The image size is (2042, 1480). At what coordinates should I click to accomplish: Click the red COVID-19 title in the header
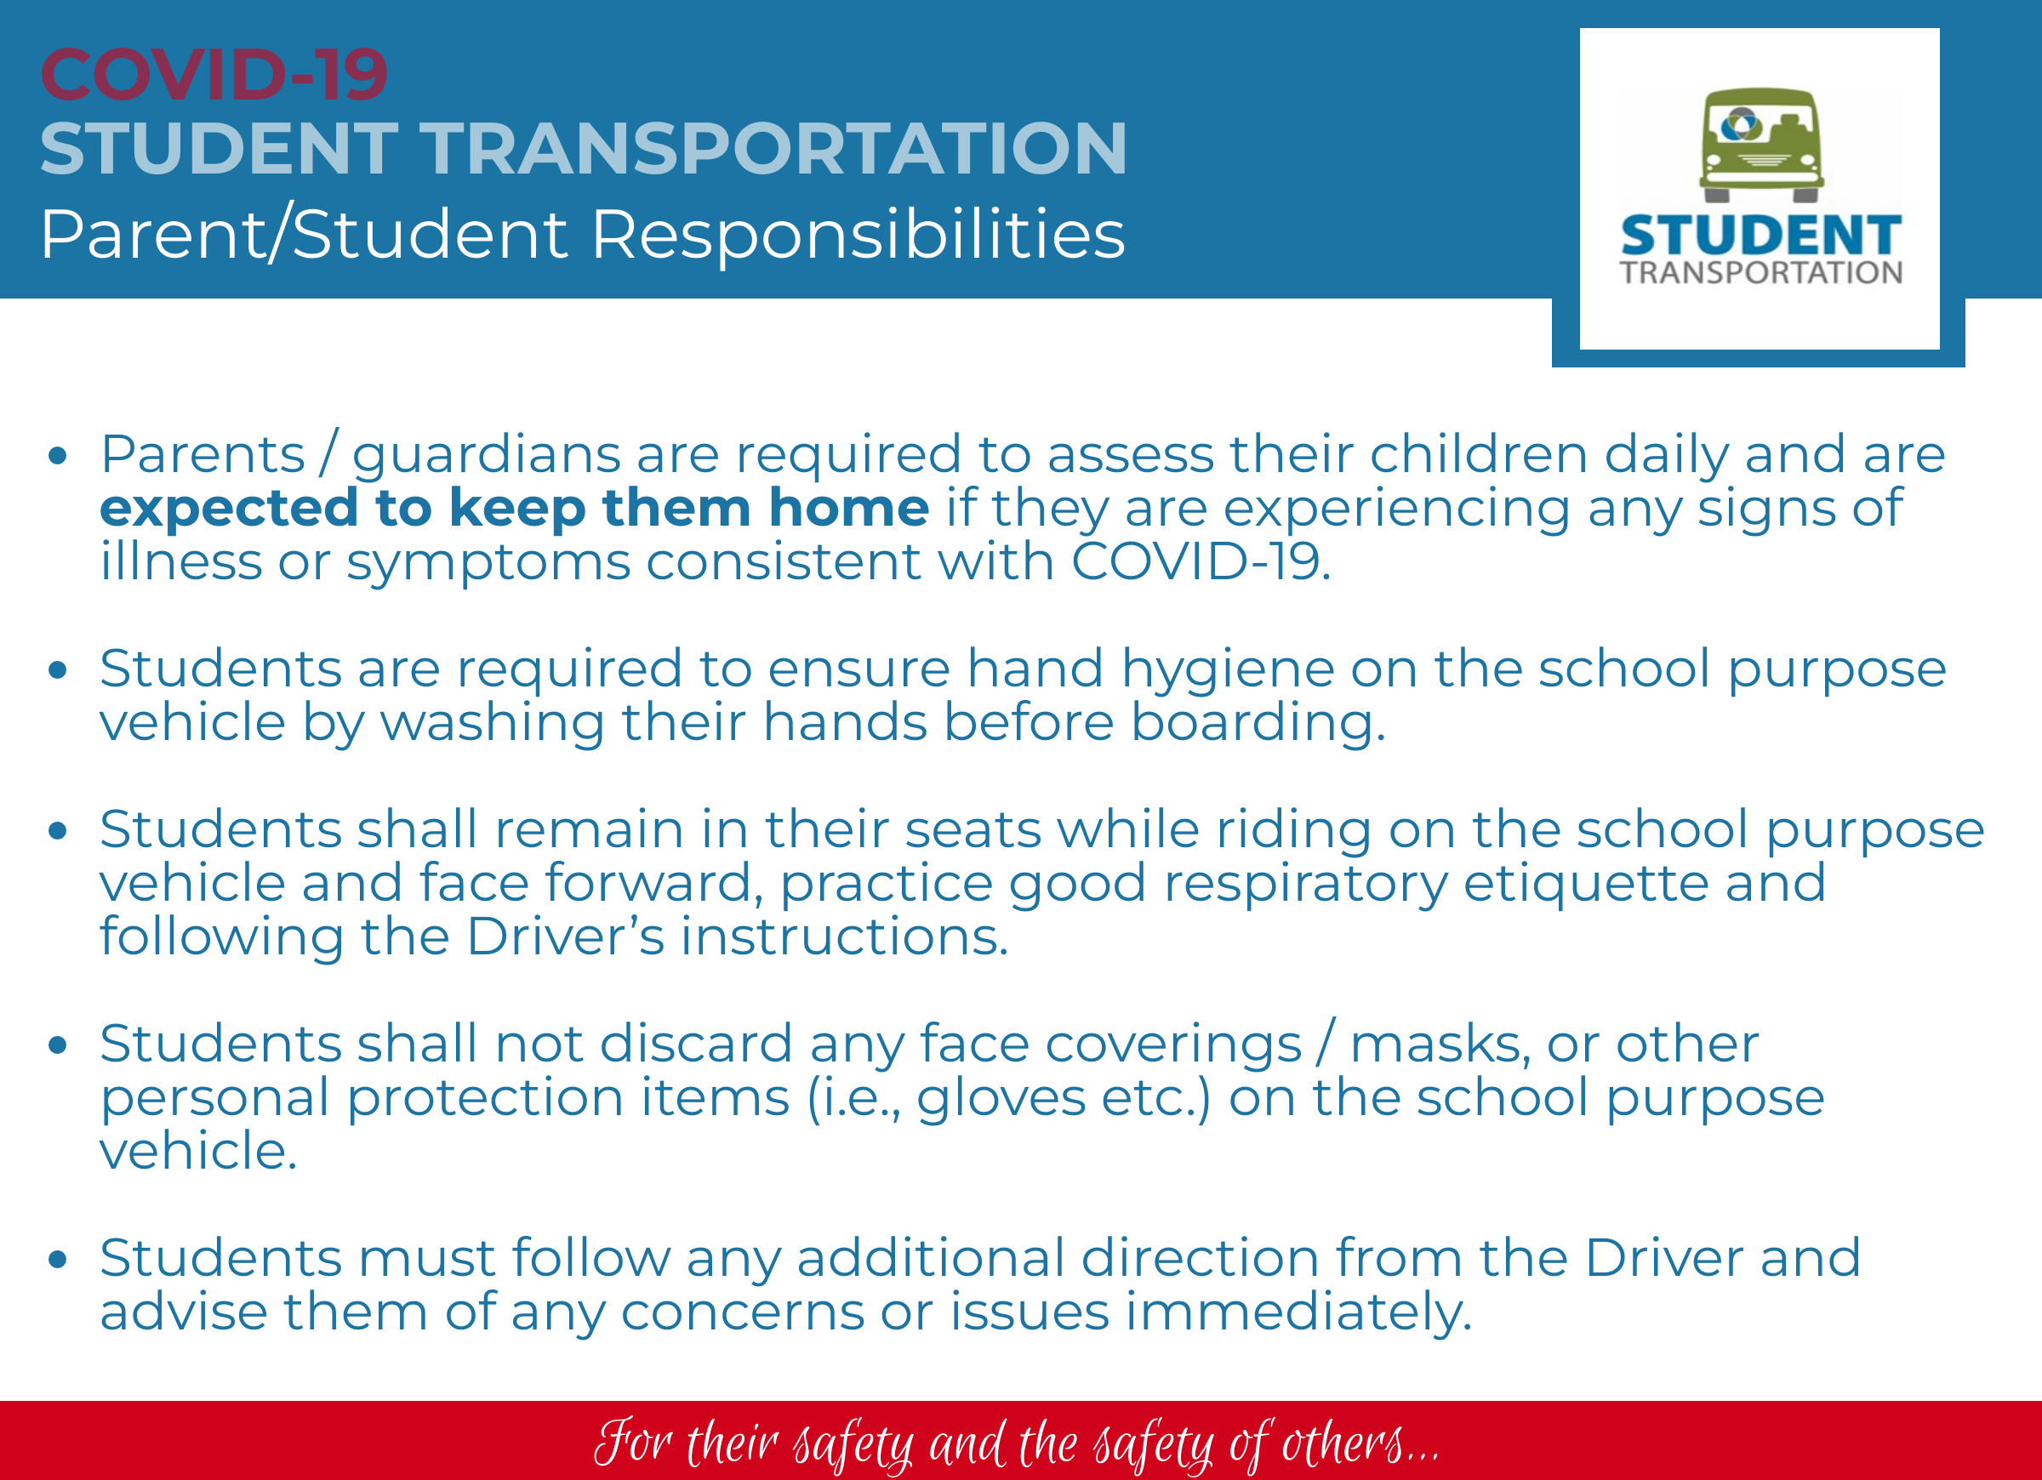point(214,75)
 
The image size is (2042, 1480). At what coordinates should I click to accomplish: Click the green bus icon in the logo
point(1761,144)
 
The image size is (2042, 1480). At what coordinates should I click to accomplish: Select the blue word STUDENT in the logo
point(1761,235)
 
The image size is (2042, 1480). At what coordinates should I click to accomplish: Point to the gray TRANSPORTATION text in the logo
point(1761,273)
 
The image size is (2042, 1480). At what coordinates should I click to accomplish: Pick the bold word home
point(849,508)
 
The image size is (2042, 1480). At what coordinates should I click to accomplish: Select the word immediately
point(1298,1312)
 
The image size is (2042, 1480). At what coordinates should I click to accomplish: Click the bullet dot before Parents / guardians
point(59,456)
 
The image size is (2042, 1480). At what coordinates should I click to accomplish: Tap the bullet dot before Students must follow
point(59,1260)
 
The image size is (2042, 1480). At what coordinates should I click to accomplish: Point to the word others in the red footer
point(1343,1444)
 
